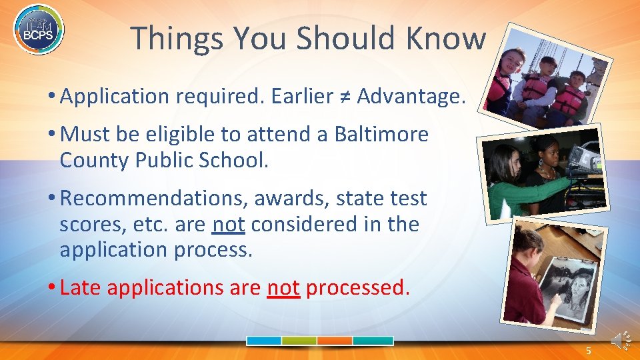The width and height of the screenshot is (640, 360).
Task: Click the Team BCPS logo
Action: coord(39,29)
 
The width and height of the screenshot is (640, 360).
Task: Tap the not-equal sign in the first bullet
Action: coord(345,96)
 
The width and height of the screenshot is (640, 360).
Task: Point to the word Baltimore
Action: coord(381,134)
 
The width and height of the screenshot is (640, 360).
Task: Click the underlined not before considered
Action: coord(228,225)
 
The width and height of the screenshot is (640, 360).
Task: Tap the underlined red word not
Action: coord(283,288)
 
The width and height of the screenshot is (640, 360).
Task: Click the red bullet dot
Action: coord(51,287)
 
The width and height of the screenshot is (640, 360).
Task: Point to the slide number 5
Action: coord(588,351)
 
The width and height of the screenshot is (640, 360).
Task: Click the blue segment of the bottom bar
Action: coord(264,341)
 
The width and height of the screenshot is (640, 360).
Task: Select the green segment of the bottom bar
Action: coord(299,341)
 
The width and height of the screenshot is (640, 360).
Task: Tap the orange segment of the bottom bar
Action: coord(335,341)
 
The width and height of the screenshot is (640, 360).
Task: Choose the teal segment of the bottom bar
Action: coord(373,341)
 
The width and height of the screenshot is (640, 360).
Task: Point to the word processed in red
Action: coord(357,288)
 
